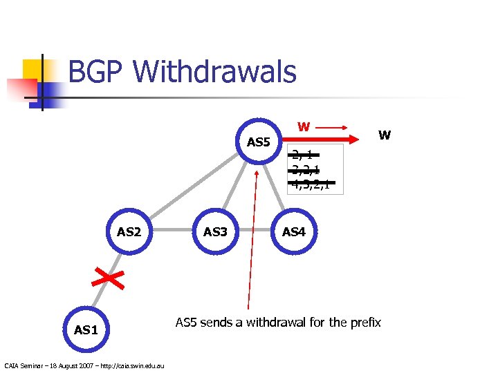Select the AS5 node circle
tap(259, 142)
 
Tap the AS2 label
tap(129, 231)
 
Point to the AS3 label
tap(215, 231)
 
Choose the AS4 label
tap(294, 231)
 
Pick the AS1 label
tap(86, 330)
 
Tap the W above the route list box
tap(303, 127)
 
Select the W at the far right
tap(385, 135)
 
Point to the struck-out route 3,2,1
tap(306, 170)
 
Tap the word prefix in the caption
tap(365, 322)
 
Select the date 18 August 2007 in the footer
tap(68, 365)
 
